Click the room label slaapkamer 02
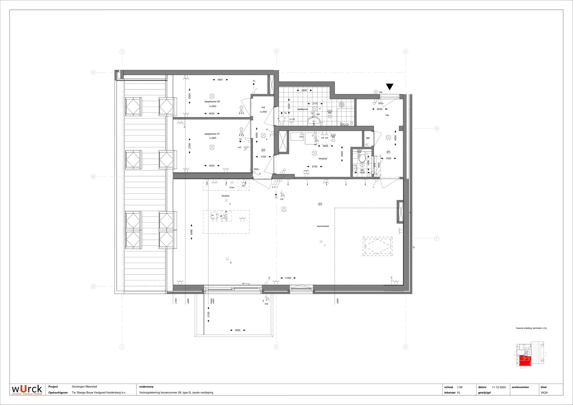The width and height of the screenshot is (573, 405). pos(212,102)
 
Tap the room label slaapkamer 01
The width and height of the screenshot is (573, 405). pos(212,134)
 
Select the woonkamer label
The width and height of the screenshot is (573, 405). pos(323,226)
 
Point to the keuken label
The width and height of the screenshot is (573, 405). pos(225,196)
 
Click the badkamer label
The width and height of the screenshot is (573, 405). pos(303,109)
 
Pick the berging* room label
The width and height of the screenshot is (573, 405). pos(323,159)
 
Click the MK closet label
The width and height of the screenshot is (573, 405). pos(368,138)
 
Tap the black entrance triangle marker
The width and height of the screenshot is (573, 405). pos(389,86)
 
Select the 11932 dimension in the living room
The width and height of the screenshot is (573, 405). pos(288,278)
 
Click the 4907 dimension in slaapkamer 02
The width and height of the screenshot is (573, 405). pos(220,80)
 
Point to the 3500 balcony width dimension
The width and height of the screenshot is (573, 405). pos(237,330)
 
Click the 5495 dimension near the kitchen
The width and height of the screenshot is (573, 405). pos(192,232)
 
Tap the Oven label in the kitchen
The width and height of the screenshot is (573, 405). pos(232,187)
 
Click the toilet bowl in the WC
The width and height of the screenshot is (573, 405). pos(362,159)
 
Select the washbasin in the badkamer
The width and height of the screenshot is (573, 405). pos(314,121)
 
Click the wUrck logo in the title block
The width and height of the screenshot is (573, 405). pos(27,389)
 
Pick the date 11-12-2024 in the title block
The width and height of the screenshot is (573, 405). pos(499,387)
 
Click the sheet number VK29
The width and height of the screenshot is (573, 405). pos(544,393)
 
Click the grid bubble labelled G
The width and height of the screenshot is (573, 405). pos(437,128)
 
